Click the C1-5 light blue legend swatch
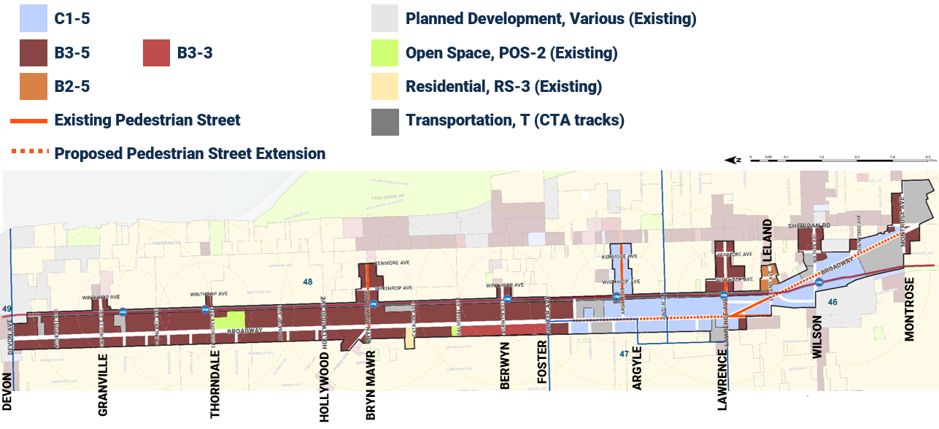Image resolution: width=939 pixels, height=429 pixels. (34, 19)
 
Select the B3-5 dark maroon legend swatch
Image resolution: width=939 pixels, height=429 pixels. (34, 53)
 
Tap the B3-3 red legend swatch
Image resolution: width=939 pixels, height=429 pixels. (156, 53)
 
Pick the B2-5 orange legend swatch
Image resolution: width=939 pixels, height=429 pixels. (34, 87)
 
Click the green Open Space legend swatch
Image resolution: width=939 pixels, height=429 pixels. (385, 53)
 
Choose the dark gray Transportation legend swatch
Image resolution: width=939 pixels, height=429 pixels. (385, 120)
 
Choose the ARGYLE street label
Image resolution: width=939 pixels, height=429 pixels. (637, 368)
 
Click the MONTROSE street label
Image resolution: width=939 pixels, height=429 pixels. (910, 308)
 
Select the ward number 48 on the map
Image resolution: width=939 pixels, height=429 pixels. (308, 282)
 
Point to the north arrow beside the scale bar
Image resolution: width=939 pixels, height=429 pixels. (733, 159)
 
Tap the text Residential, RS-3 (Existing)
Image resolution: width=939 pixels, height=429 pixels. (503, 87)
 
